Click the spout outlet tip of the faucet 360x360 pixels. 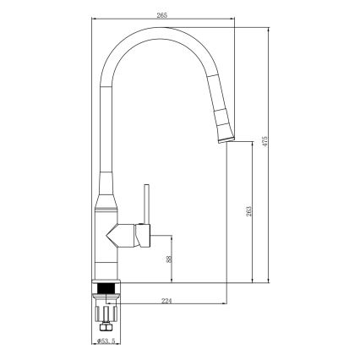pyautogui.click(x=226, y=141)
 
